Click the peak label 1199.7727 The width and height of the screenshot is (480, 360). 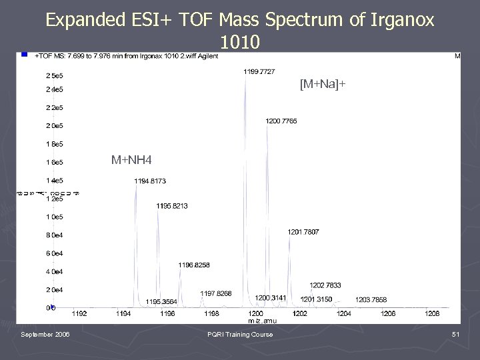click(x=259, y=71)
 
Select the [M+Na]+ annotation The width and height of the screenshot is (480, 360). click(x=323, y=85)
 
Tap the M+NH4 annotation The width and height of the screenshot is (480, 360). click(x=131, y=160)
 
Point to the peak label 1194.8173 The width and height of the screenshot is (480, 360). click(x=150, y=181)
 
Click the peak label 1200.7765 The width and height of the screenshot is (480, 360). click(x=281, y=121)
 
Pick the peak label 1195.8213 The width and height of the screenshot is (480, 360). click(x=172, y=206)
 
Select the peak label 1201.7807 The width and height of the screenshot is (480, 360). click(x=303, y=232)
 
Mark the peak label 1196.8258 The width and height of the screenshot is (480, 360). click(x=194, y=265)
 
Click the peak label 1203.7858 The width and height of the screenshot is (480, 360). click(x=371, y=300)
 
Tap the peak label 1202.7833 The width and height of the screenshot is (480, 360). click(x=325, y=285)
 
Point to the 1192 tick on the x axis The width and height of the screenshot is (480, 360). click(x=79, y=313)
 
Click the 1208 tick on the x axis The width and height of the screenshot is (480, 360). click(x=432, y=313)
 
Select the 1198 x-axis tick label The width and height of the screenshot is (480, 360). click(x=211, y=313)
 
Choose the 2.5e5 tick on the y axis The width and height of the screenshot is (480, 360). click(x=54, y=75)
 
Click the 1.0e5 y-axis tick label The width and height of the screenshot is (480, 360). click(x=54, y=217)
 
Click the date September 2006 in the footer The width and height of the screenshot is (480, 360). click(x=45, y=335)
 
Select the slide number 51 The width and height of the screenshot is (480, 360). click(x=456, y=335)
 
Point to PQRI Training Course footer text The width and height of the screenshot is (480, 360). click(x=240, y=335)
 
